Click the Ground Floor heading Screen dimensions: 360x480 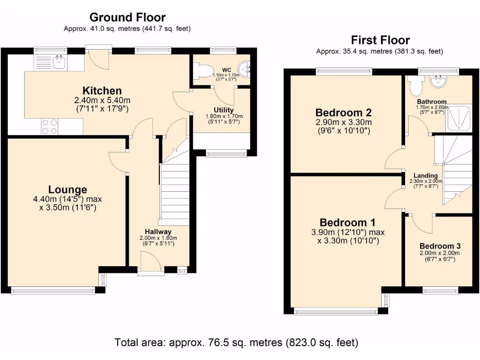[127, 18]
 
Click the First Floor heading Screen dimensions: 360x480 [380, 40]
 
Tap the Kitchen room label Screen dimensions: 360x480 [102, 90]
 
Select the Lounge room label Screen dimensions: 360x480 [67, 189]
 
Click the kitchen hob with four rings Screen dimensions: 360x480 [50, 126]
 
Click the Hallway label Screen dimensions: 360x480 [158, 232]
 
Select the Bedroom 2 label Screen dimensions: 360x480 [344, 112]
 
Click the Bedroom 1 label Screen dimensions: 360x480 [348, 222]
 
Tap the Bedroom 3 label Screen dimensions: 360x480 [440, 246]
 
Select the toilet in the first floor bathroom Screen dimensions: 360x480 [414, 86]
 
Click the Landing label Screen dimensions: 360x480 [426, 176]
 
